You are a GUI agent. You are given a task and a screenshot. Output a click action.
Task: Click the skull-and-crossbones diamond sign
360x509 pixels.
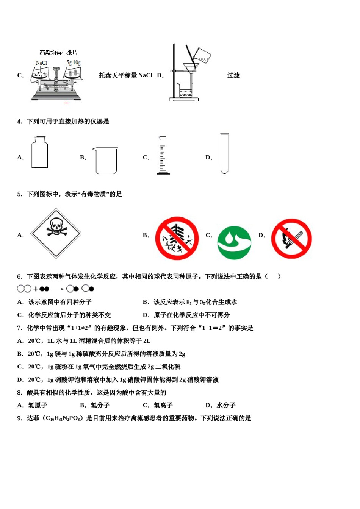point(56,233)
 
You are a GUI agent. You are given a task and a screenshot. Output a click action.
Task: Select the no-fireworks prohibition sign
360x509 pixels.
point(177,238)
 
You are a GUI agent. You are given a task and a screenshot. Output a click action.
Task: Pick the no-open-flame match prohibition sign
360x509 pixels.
point(291,239)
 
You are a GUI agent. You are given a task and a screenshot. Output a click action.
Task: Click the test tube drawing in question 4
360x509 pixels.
point(224,153)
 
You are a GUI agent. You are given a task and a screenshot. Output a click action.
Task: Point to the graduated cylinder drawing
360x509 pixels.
point(163,156)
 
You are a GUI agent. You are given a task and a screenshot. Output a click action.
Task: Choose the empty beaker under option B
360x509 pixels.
point(106,161)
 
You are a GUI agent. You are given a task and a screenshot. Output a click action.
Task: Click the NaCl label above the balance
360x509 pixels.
point(41,63)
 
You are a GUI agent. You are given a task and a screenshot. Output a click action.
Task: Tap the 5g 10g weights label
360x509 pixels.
point(74,62)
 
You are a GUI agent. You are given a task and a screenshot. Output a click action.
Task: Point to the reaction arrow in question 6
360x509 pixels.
point(57,289)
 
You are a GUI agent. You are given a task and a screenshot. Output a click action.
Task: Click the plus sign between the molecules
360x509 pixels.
point(36,289)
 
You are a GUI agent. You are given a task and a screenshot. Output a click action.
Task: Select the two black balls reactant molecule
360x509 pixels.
point(44,289)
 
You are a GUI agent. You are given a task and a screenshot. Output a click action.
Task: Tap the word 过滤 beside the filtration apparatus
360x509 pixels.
point(233,75)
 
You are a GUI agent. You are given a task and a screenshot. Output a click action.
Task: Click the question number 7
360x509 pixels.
point(20,328)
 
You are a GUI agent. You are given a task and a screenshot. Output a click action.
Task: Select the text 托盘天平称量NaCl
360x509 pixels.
point(125,75)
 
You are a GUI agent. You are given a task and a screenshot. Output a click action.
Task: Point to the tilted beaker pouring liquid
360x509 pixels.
point(202,56)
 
